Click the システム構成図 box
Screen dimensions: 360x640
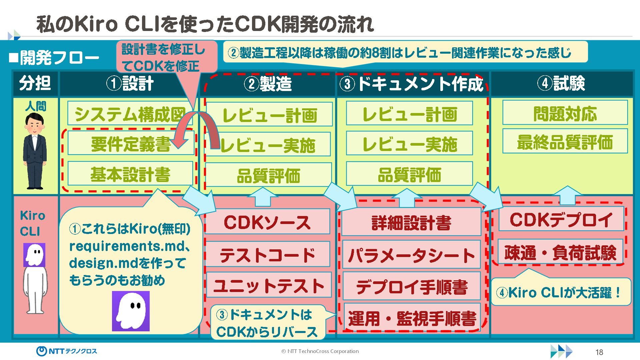[130, 114]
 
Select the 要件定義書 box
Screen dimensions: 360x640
[131, 144]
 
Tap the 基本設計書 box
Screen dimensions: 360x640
[130, 174]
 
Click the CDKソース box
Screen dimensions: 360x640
[267, 222]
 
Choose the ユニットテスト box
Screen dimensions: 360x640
[269, 285]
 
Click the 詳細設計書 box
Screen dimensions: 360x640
[411, 222]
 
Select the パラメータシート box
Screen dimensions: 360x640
[411, 255]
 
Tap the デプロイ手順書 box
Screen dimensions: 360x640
[412, 286]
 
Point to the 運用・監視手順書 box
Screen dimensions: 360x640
[412, 318]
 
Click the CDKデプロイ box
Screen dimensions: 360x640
[561, 219]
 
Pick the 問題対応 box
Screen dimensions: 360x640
[565, 113]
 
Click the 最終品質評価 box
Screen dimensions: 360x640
[565, 141]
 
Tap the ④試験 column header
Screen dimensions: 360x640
[561, 83]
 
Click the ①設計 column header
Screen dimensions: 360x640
[130, 83]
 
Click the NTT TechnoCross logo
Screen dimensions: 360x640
[67, 351]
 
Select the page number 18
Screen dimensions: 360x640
[599, 352]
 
